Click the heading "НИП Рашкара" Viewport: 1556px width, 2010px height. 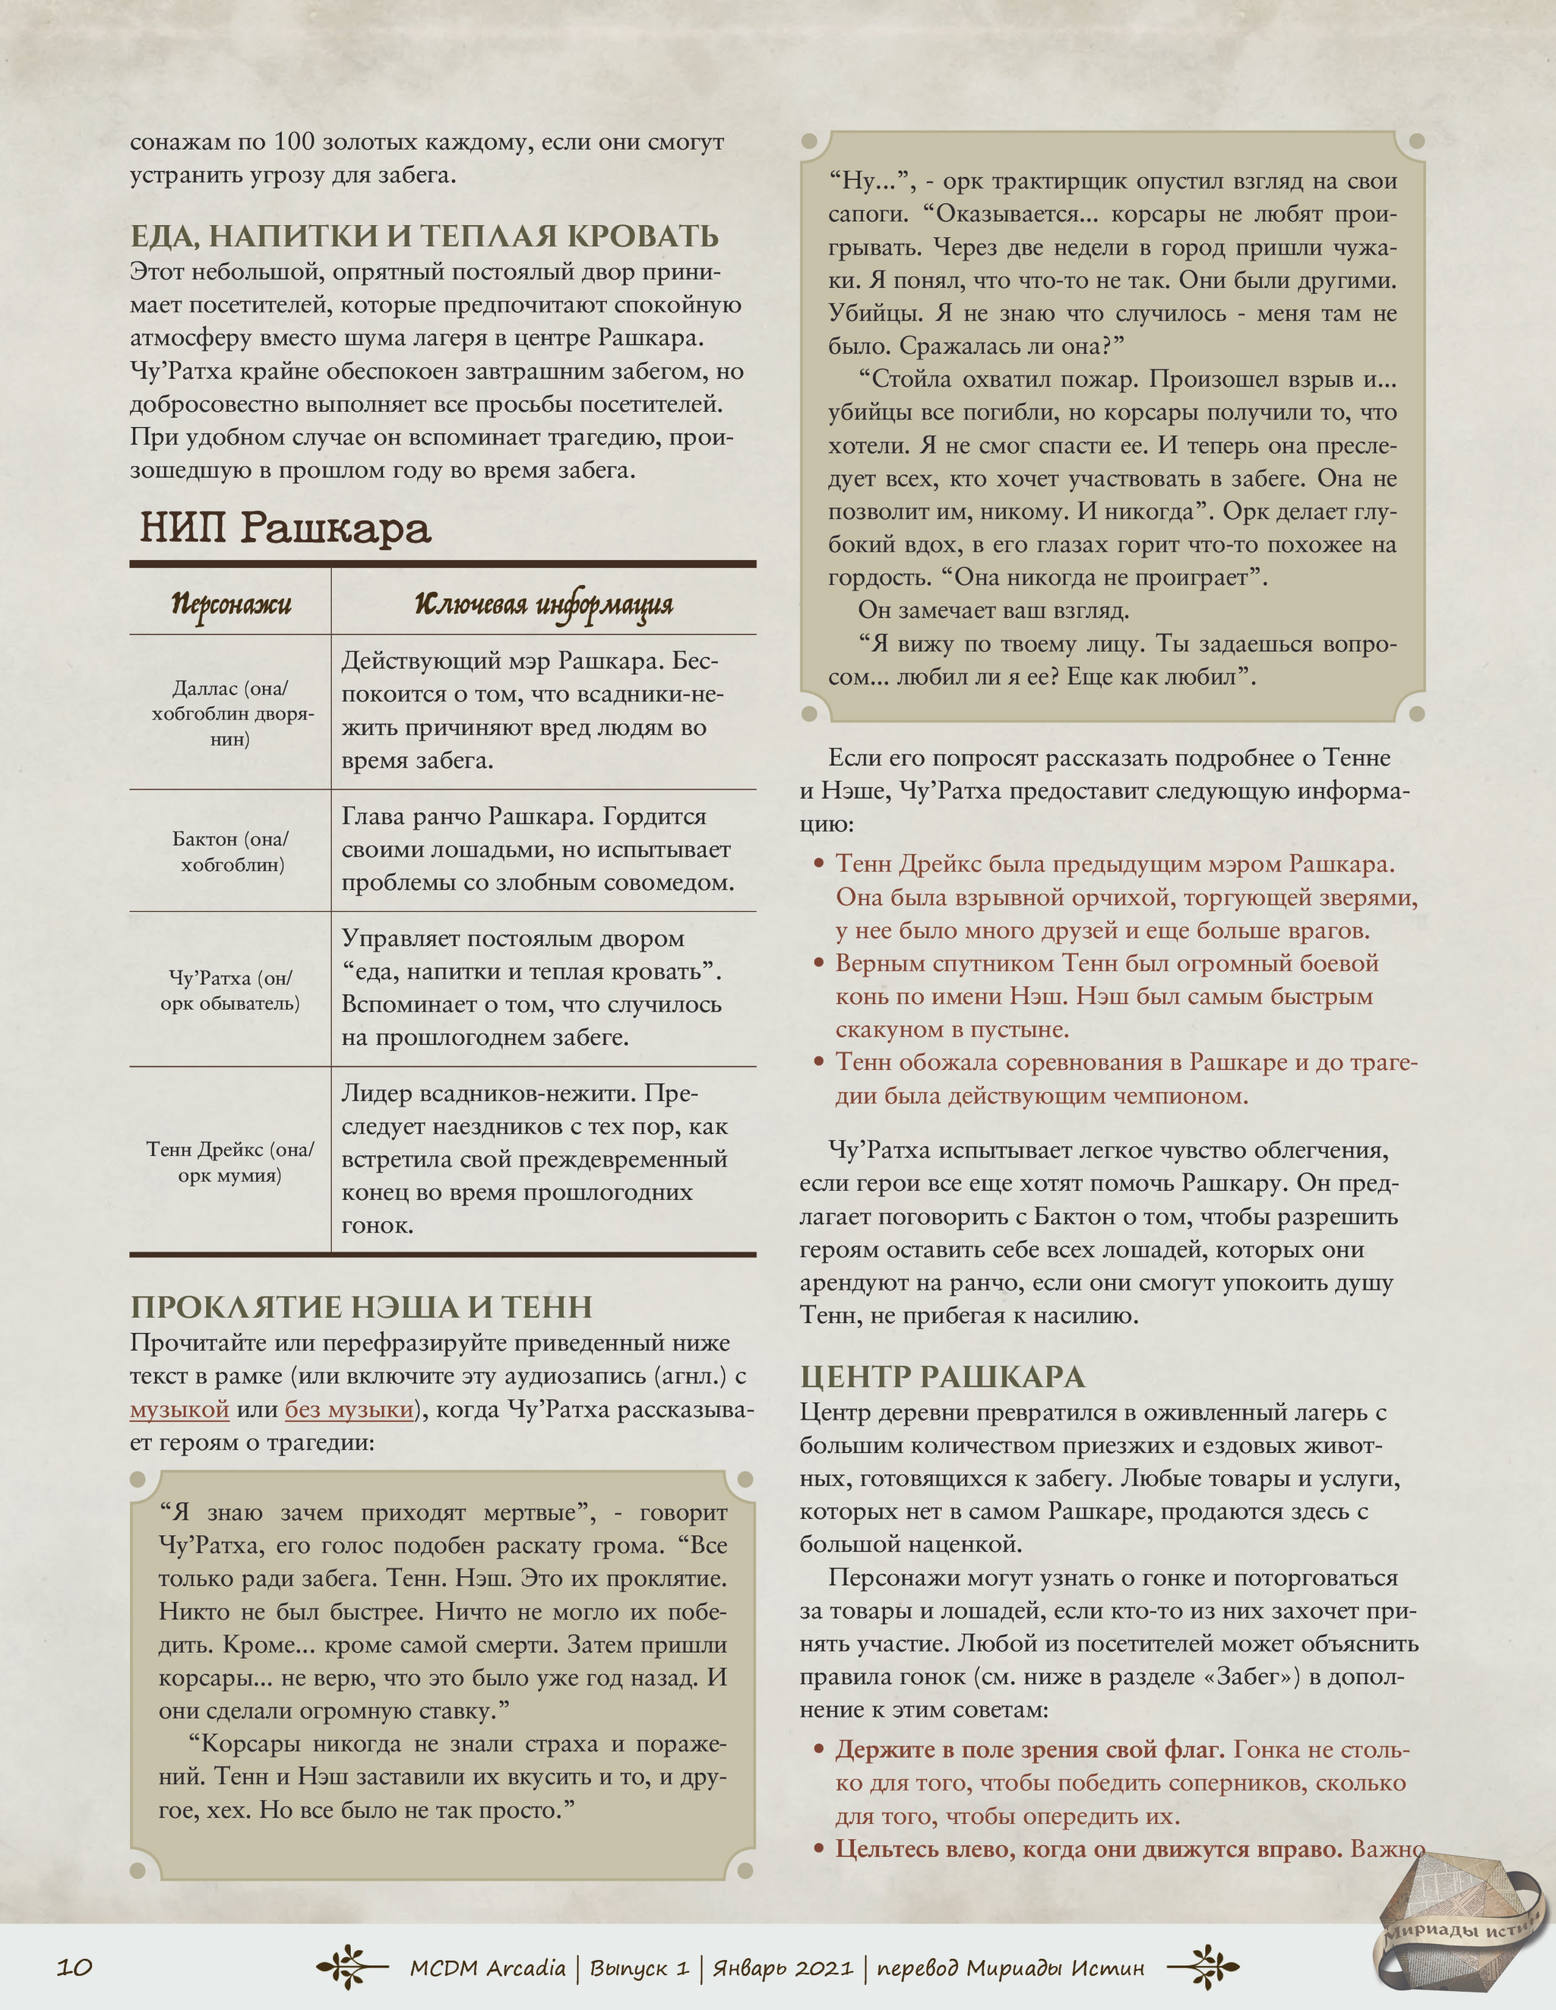(x=285, y=529)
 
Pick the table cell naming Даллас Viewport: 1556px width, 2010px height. (x=230, y=712)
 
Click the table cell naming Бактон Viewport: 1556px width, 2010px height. (x=231, y=850)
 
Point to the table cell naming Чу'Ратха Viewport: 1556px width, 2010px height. (x=230, y=989)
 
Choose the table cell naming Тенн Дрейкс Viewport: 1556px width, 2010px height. (x=230, y=1160)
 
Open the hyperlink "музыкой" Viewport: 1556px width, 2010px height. (x=179, y=1409)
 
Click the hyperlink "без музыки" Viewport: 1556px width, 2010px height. (x=349, y=1409)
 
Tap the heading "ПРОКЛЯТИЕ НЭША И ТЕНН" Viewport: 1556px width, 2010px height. (x=362, y=1307)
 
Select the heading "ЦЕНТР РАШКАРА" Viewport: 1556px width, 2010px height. (x=942, y=1377)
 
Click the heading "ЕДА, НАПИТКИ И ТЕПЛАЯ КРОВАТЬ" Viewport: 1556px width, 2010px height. (x=424, y=236)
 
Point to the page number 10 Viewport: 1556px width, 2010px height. (x=74, y=1967)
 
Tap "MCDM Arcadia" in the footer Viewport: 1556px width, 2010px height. (x=488, y=1967)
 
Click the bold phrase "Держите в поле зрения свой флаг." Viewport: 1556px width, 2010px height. (x=1029, y=1749)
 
